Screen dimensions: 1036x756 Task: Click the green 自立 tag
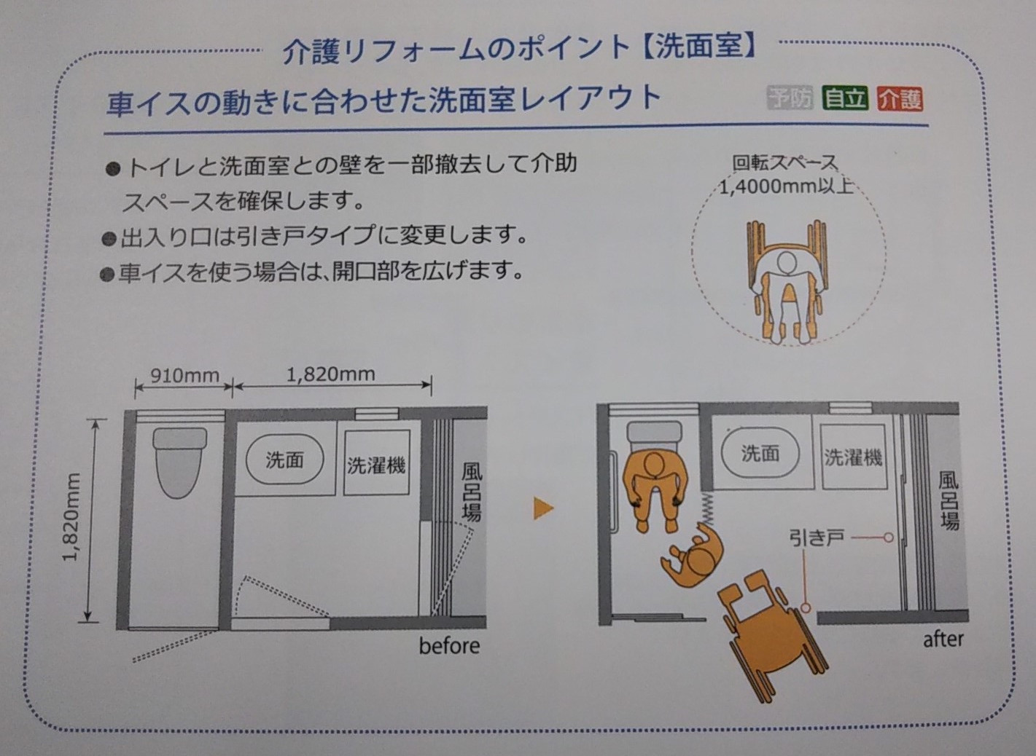click(x=844, y=99)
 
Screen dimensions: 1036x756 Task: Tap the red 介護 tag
click(x=900, y=99)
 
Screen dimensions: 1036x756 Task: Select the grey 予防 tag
click(x=790, y=98)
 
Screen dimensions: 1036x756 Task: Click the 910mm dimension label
click(x=184, y=376)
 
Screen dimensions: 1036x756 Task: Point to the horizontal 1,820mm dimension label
click(x=331, y=374)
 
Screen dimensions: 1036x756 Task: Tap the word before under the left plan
click(x=449, y=645)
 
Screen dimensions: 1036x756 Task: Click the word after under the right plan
click(x=943, y=639)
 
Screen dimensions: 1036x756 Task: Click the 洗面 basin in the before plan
click(x=284, y=460)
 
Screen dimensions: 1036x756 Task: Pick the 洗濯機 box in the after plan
click(x=853, y=457)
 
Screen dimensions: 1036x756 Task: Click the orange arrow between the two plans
click(x=543, y=508)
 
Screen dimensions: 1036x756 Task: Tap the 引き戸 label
click(x=817, y=538)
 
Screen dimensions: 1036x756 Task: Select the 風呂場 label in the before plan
click(x=471, y=492)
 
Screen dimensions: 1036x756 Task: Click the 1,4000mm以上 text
click(x=786, y=187)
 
